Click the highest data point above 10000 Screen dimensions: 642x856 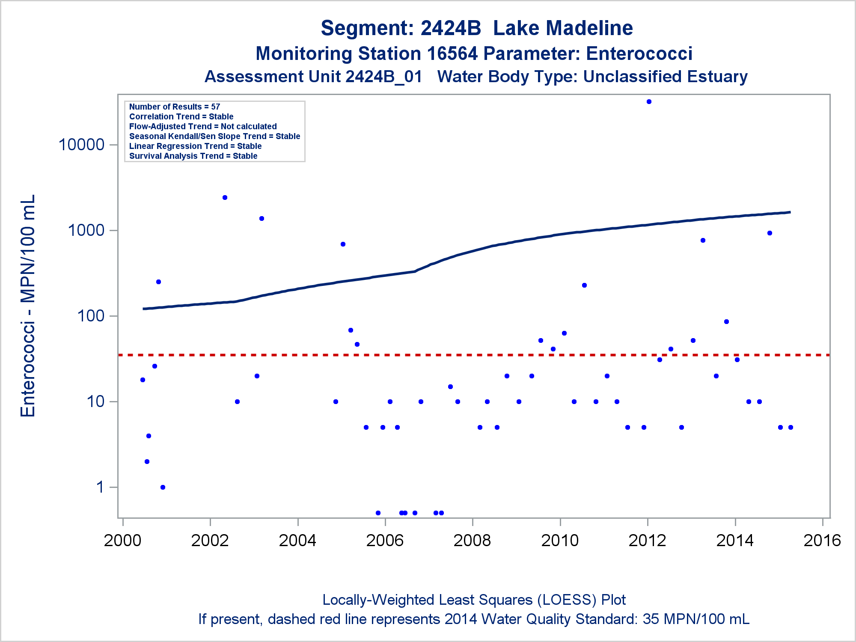click(x=649, y=102)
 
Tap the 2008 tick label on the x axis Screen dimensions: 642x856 click(x=473, y=541)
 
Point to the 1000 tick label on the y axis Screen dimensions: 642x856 click(x=86, y=230)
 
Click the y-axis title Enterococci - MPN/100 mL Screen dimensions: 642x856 click(x=28, y=306)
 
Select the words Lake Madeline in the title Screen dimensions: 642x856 click(x=563, y=28)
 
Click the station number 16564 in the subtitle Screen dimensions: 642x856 click(x=452, y=54)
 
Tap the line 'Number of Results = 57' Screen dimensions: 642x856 click(x=175, y=107)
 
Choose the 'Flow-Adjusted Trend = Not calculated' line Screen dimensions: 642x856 click(x=203, y=126)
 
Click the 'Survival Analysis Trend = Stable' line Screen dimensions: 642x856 click(x=193, y=156)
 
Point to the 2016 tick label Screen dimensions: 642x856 click(x=822, y=541)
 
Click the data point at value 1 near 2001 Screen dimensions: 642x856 click(x=163, y=487)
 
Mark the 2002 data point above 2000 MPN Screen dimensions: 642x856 click(x=225, y=198)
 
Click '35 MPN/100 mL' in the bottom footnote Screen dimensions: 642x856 click(x=696, y=619)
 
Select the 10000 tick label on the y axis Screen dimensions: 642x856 click(x=81, y=145)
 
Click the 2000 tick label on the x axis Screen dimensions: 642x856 click(x=122, y=541)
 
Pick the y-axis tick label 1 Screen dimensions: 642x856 click(x=101, y=487)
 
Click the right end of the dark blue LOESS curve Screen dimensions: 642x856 click(x=790, y=212)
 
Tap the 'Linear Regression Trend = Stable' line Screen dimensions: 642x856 click(x=196, y=146)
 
